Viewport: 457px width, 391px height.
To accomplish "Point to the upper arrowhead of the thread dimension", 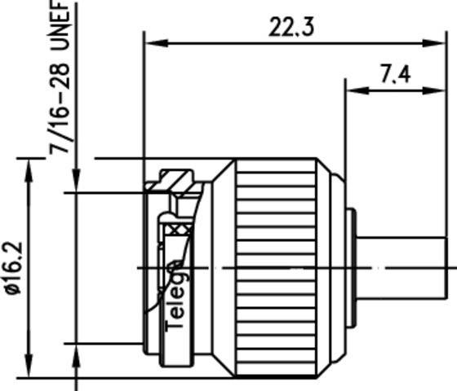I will (75, 183).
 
